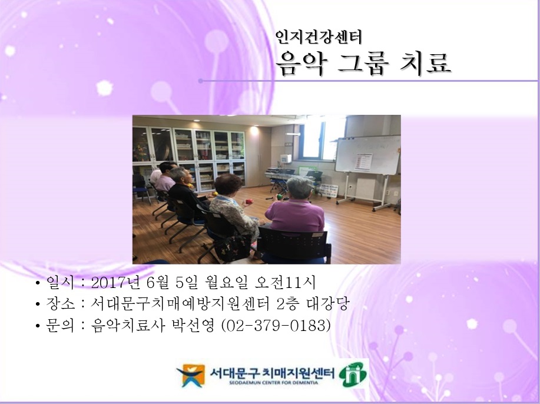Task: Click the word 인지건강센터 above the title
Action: click(319, 38)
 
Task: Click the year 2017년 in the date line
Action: click(114, 283)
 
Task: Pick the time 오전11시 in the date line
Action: click(287, 283)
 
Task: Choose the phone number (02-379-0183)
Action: click(275, 325)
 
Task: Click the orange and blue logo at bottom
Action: click(190, 375)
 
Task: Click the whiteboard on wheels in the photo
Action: click(367, 156)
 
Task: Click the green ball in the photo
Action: click(279, 196)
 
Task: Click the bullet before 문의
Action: click(38, 326)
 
